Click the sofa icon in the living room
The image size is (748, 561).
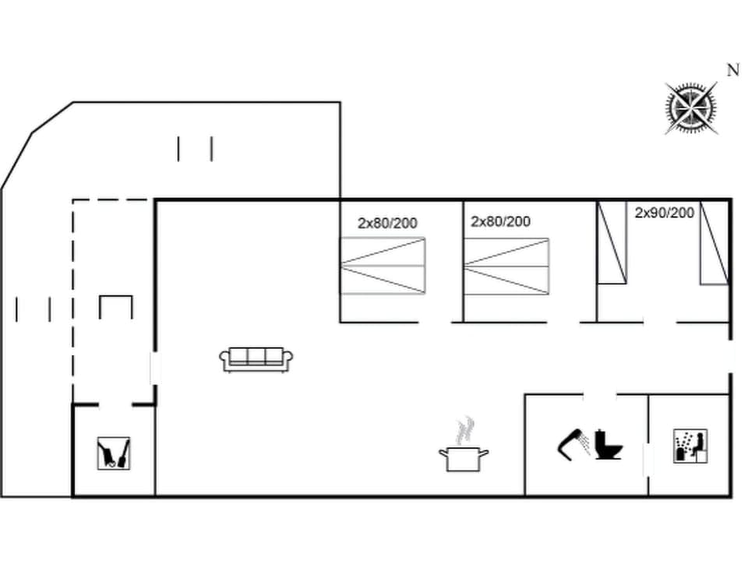click(x=256, y=358)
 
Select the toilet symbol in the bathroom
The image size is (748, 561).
click(x=607, y=445)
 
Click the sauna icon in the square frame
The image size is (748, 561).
click(x=690, y=446)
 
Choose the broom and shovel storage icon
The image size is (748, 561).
click(x=114, y=453)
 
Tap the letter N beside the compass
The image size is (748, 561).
click(x=732, y=70)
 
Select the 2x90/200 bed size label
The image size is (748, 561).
click(x=664, y=213)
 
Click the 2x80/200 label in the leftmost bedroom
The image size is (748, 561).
click(x=387, y=224)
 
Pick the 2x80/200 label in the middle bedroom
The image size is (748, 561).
click(x=500, y=222)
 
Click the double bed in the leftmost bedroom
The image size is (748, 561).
click(x=383, y=266)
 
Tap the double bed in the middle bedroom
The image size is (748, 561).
click(x=506, y=266)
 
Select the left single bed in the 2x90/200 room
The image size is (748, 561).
click(x=612, y=242)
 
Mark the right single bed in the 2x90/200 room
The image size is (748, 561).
click(x=714, y=242)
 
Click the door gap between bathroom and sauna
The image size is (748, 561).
click(x=647, y=460)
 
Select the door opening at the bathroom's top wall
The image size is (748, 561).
click(x=599, y=395)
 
